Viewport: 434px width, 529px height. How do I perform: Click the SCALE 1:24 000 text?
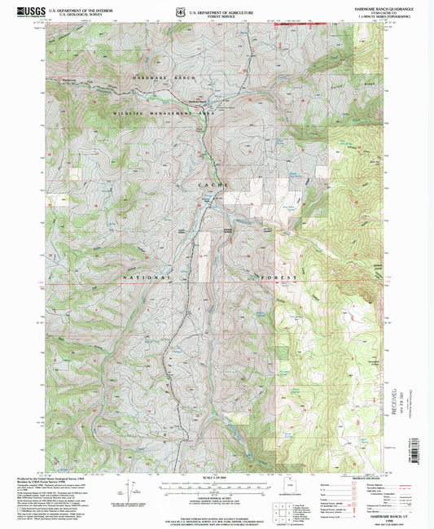tap(217, 477)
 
